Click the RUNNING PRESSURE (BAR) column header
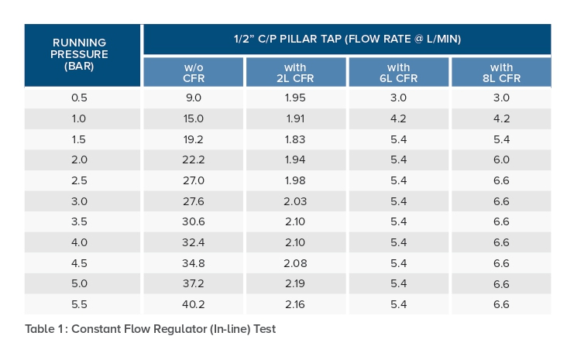coord(81,55)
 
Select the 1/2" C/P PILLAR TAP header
coord(347,38)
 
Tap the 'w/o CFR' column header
coord(193,73)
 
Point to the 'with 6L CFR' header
coord(398,73)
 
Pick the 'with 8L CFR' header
coord(500,73)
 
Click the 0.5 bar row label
coord(81,98)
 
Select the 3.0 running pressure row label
coord(81,201)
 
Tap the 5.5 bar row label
coord(81,304)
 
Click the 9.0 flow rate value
coord(193,98)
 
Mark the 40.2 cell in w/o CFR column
coord(193,304)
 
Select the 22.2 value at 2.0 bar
coord(193,159)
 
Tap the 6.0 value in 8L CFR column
coord(500,159)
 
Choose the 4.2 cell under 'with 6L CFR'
coord(398,118)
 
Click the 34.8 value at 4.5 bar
coord(193,262)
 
